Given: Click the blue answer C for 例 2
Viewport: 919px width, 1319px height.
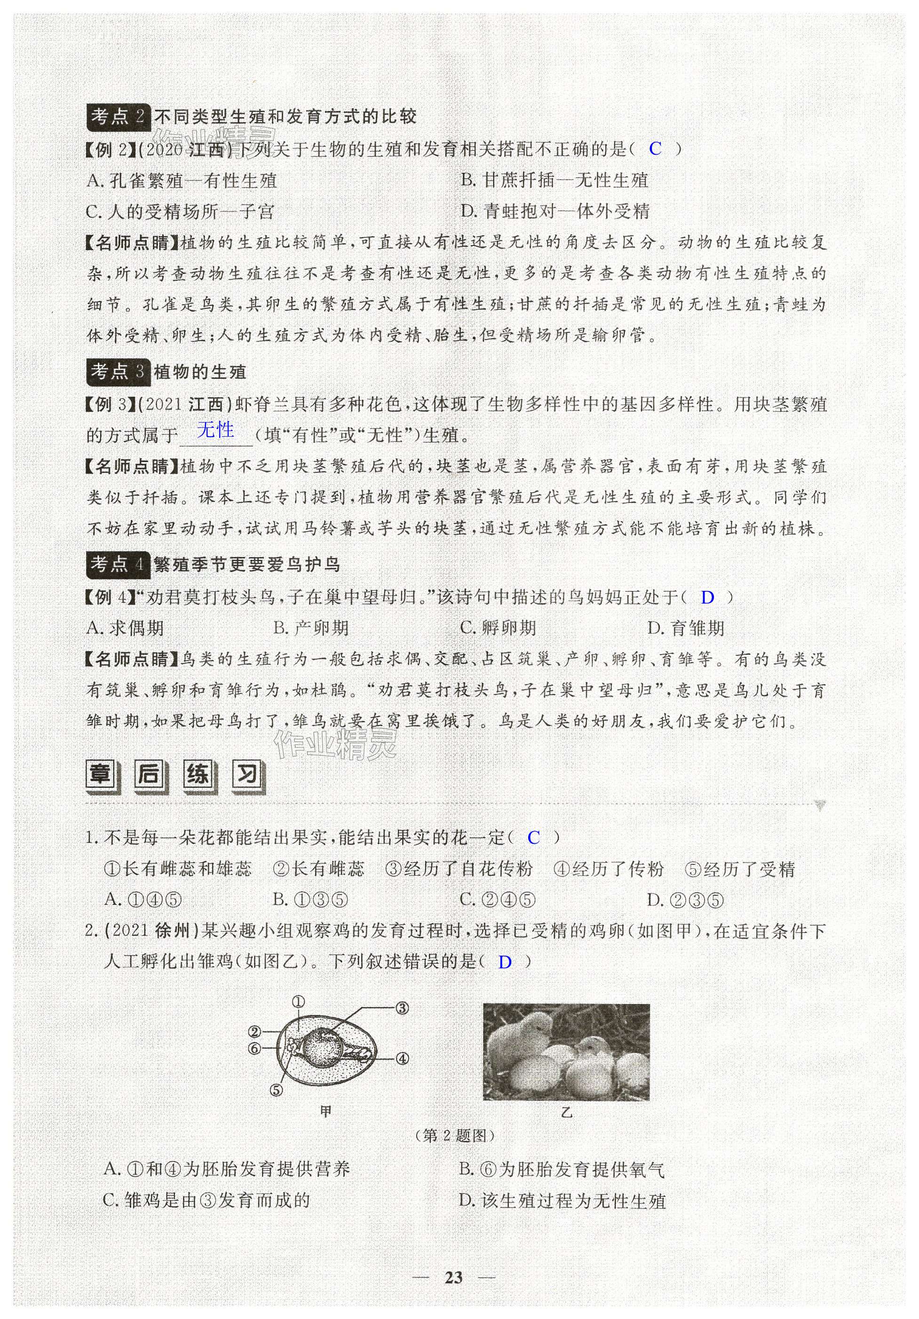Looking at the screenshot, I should point(655,149).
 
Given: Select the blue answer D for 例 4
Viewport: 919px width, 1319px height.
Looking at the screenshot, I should point(707,597).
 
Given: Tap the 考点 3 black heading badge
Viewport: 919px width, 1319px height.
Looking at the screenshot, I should point(118,372).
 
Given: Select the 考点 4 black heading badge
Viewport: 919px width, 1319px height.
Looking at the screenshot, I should point(118,564).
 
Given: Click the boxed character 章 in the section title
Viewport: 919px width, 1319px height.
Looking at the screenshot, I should point(102,776).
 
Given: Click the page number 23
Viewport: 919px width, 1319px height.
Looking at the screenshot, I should point(454,1277).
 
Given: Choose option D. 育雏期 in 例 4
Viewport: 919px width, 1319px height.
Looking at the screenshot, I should point(686,628).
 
